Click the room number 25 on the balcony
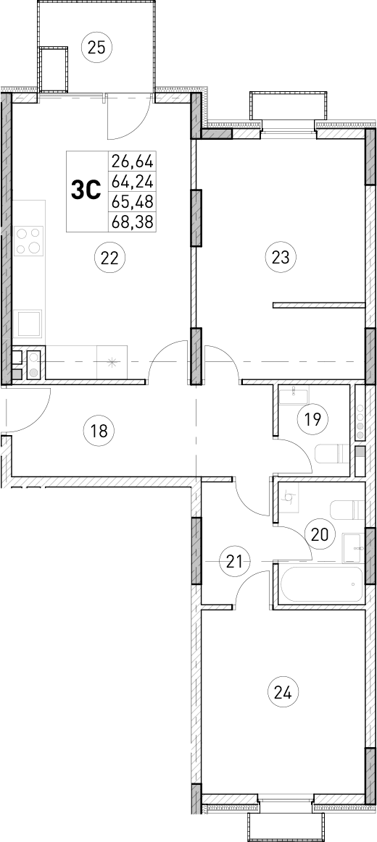pyautogui.click(x=96, y=48)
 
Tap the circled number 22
pyautogui.click(x=109, y=257)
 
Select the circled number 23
pyautogui.click(x=281, y=256)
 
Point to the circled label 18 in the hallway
pyautogui.click(x=99, y=431)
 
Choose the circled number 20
pyautogui.click(x=319, y=535)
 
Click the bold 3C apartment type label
pyautogui.click(x=85, y=190)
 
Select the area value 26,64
pyautogui.click(x=133, y=160)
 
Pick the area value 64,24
pyautogui.click(x=133, y=180)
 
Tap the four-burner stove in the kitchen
pyautogui.click(x=29, y=240)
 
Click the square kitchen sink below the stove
pyautogui.click(x=29, y=323)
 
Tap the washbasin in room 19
pyautogui.click(x=294, y=395)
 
